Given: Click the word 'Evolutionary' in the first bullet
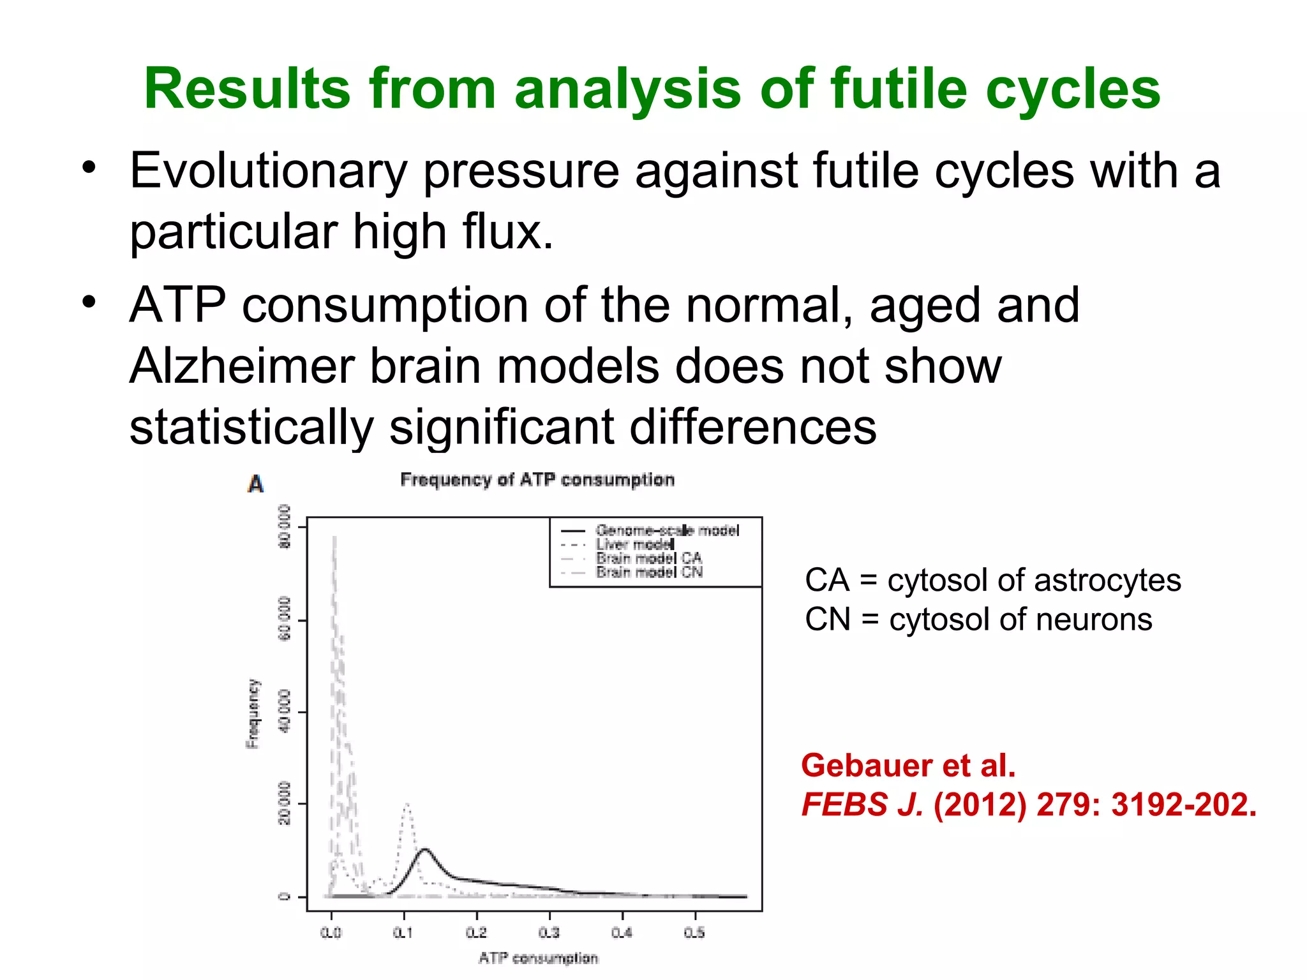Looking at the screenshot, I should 268,171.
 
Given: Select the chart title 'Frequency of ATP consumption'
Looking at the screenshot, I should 537,480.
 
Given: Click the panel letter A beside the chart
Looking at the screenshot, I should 255,484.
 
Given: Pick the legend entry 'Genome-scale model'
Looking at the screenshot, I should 667,530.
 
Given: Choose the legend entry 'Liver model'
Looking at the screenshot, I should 635,544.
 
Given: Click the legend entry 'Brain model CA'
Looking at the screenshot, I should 649,558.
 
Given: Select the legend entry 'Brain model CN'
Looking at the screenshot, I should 649,572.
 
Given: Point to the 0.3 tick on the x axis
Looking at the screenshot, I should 549,933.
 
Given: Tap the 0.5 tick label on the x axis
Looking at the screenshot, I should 694,933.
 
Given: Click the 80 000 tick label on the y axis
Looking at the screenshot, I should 285,526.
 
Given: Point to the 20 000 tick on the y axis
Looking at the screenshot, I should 285,803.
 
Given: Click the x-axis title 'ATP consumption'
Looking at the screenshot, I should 538,958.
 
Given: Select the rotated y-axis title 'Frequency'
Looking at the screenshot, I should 253,713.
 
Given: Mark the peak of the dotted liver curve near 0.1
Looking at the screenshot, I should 407,805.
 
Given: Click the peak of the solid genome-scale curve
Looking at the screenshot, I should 425,850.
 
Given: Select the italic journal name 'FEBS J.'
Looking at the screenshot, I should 862,805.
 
